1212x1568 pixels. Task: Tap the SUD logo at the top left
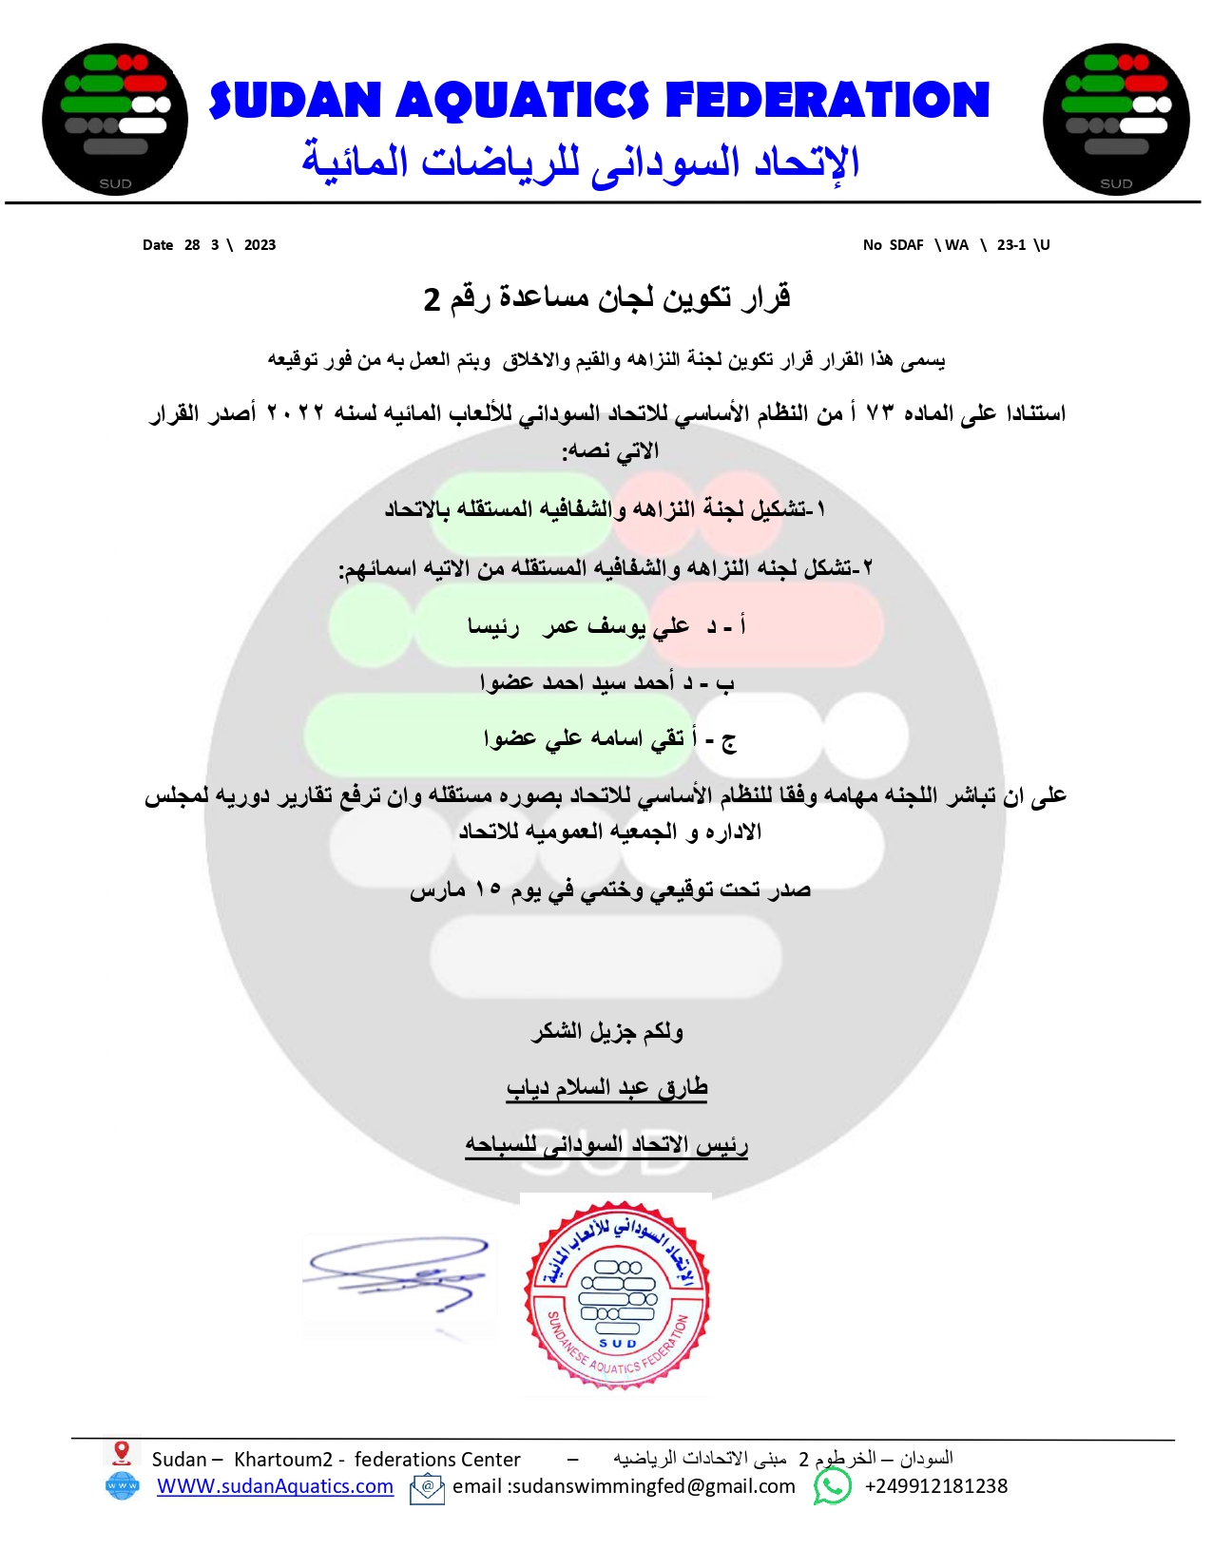pos(115,119)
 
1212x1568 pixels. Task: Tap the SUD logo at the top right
pos(1116,119)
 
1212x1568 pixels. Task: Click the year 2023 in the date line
pos(260,245)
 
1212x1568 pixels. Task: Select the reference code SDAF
pos(906,245)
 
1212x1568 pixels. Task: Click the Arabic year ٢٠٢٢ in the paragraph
pos(295,413)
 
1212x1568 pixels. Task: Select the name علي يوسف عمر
pos(616,626)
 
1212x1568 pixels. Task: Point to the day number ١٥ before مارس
pos(488,889)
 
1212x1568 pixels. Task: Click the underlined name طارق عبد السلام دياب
pos(606,1088)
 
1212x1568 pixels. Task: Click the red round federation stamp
pos(617,1293)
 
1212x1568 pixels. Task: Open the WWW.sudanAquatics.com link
pos(275,1486)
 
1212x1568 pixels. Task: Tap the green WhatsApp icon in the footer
pos(833,1486)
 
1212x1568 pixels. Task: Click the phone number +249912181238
pos(935,1486)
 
